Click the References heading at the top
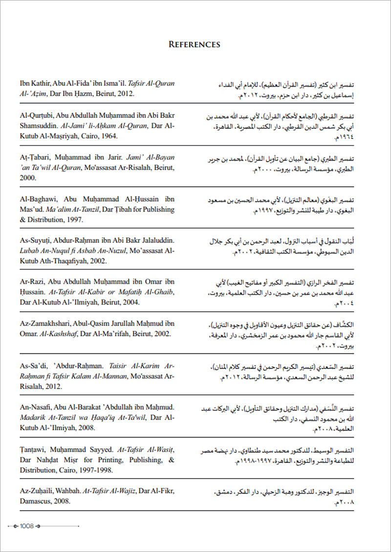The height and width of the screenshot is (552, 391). click(x=195, y=45)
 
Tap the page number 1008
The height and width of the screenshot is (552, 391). click(x=26, y=526)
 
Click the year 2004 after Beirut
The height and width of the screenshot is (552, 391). click(x=130, y=302)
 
